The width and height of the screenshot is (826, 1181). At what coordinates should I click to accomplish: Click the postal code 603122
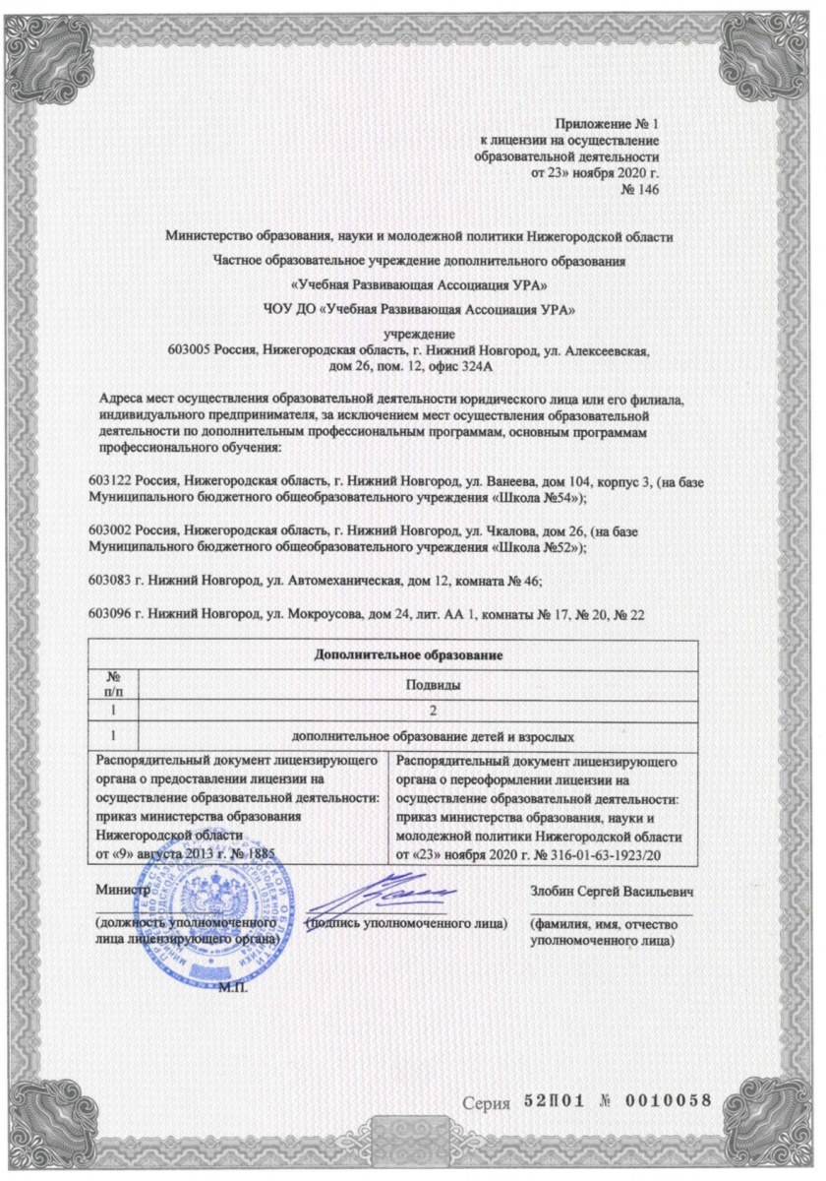point(109,483)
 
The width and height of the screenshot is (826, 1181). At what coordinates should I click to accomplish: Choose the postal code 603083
point(109,573)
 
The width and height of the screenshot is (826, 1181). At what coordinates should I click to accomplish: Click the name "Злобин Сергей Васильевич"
point(611,892)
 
